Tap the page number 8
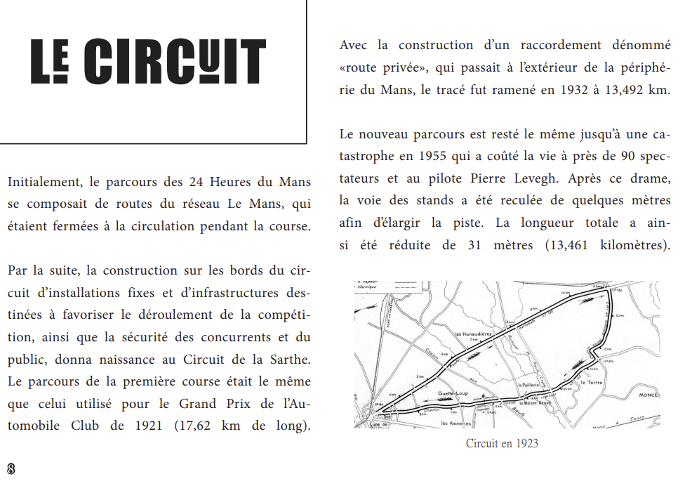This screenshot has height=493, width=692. [x=11, y=469]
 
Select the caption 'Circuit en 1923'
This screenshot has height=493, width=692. [x=502, y=444]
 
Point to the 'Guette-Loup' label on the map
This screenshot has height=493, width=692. [x=453, y=393]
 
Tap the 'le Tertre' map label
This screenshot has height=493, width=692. [x=593, y=383]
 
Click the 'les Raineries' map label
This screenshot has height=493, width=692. [x=455, y=423]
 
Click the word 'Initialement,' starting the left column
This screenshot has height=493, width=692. [x=44, y=183]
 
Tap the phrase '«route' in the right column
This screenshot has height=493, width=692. [x=361, y=67]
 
